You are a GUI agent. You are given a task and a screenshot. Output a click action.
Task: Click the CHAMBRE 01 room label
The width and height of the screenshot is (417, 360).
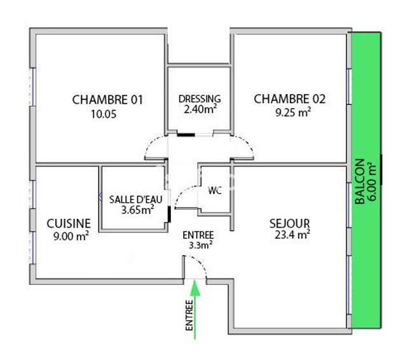point(108,100)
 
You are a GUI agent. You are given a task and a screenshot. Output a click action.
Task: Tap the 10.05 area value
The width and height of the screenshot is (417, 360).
point(107,114)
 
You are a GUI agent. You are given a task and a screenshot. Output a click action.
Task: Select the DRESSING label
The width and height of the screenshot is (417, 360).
point(200,99)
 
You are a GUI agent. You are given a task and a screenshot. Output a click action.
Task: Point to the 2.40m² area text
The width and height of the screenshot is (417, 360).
point(200,109)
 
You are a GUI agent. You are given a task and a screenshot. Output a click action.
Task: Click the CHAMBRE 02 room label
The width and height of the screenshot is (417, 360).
point(290,99)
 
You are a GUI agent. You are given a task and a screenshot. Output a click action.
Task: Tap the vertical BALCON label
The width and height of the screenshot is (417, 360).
point(360,182)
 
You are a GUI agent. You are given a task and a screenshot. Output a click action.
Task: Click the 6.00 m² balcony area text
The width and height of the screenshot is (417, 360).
point(373,182)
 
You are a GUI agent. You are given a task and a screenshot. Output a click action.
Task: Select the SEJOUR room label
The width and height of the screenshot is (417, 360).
point(289,223)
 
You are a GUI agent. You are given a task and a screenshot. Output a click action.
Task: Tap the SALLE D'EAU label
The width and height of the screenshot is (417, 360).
point(135,199)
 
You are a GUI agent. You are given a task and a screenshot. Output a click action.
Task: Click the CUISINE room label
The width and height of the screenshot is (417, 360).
point(69,223)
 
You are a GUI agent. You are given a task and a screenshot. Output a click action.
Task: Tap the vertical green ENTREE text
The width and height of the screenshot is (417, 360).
point(188,315)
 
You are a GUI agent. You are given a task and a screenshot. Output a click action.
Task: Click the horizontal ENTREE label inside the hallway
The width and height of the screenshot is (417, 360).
point(199,233)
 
